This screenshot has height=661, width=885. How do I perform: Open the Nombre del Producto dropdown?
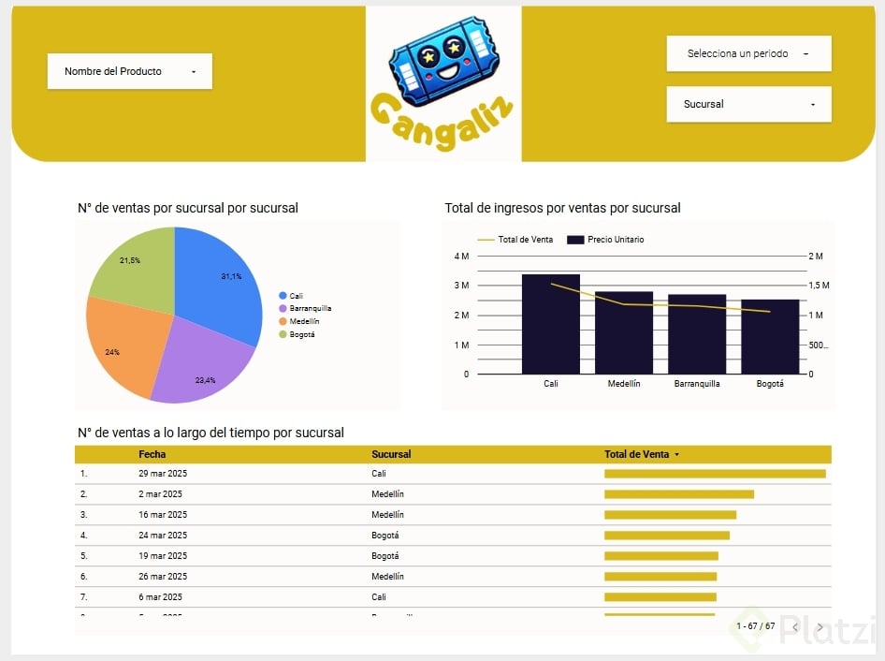tap(129, 71)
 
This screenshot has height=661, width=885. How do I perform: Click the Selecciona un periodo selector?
tap(748, 53)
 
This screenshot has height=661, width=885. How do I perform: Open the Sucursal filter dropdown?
tap(748, 104)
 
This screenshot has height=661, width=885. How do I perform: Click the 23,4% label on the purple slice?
tap(206, 381)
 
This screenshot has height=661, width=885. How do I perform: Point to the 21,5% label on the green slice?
tap(130, 260)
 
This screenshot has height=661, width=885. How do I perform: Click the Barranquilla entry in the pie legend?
tap(310, 308)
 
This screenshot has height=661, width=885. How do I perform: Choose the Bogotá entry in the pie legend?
tap(301, 334)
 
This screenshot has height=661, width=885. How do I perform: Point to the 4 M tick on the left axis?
tap(461, 256)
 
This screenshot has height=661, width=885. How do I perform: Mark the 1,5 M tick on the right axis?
tap(819, 285)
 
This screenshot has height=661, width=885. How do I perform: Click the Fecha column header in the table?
tap(152, 454)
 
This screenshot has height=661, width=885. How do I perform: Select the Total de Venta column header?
tap(637, 454)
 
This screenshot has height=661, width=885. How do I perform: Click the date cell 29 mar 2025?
tap(163, 474)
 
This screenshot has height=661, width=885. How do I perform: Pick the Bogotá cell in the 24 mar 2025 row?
tap(384, 536)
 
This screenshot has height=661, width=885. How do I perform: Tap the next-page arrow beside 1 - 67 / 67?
tap(820, 627)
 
